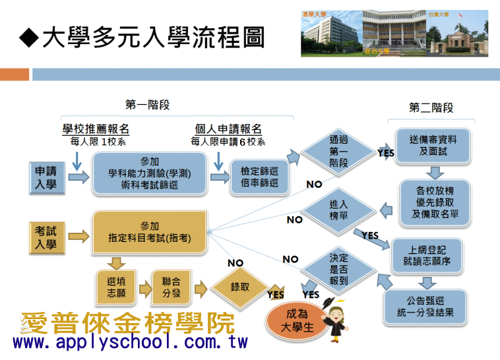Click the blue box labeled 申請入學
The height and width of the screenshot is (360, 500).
point(47,177)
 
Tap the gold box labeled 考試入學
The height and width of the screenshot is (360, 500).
point(47,237)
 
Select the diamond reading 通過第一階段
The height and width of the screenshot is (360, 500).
point(338,152)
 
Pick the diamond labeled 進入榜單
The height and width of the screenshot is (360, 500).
point(338,211)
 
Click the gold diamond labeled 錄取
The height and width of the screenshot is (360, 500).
point(240,287)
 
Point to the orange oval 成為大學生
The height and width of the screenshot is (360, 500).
point(297,321)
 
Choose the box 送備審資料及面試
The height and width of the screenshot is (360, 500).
point(433,146)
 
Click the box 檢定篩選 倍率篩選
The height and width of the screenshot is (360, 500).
point(259,177)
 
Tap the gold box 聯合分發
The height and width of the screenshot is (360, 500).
point(172,287)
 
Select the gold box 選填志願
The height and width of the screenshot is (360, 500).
point(116,287)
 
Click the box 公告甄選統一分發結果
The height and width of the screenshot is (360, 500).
point(425,307)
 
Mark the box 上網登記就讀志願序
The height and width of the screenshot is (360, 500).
point(427,256)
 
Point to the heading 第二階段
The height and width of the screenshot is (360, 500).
point(431,107)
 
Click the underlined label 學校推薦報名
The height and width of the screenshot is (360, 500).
point(96,129)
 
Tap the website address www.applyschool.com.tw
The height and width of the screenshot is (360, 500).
point(130,342)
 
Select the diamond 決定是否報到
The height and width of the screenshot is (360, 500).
point(338,270)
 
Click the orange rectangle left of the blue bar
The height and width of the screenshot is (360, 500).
point(15,75)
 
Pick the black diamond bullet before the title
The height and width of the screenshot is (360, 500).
point(29,38)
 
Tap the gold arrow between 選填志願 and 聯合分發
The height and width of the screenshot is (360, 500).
point(145,289)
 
